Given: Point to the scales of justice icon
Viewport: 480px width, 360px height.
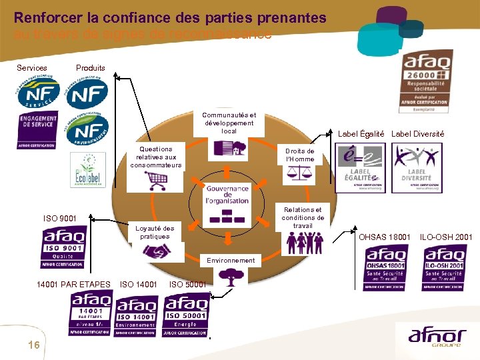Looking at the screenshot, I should point(299,175).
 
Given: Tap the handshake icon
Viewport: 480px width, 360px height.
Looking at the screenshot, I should point(158,251).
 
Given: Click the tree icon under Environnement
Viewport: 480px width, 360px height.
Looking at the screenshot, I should point(231,276).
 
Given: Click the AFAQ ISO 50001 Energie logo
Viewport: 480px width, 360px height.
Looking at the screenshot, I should point(187,315).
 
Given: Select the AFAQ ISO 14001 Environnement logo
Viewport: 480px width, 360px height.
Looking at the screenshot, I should point(137,315).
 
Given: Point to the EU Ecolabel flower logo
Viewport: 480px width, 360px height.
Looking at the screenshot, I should point(90,169).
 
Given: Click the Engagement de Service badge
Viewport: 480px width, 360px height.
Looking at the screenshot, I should point(38,129).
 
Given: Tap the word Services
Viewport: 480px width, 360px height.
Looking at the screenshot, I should point(32,68).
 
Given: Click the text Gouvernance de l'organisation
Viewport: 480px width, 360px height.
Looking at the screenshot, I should point(227,195).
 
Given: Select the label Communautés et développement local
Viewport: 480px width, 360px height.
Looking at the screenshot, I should point(229,123).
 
